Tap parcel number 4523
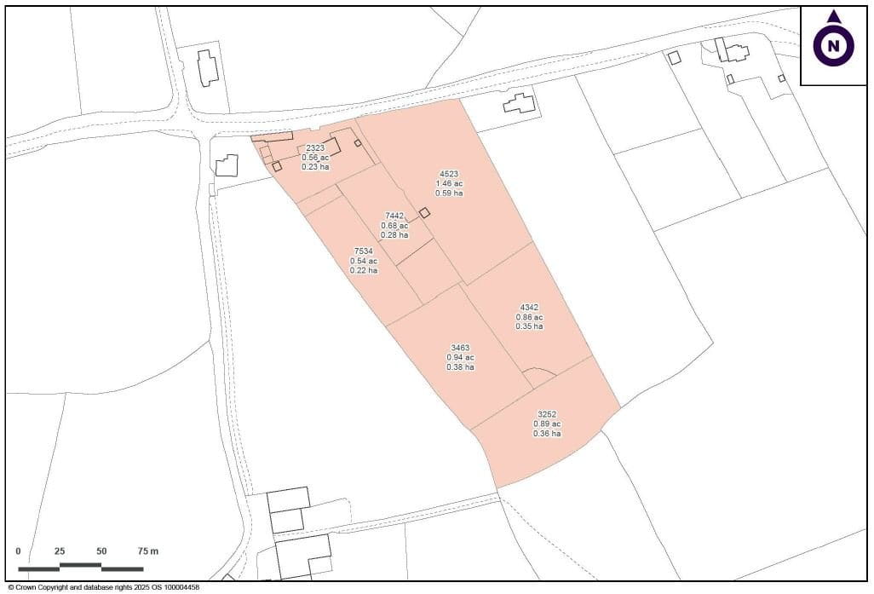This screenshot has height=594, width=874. pos(449,174)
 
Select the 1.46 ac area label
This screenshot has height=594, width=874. pos(449,184)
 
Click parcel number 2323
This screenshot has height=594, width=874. pos(315,148)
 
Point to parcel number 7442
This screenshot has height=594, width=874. pos(394,216)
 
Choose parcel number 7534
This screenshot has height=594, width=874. pos(364,251)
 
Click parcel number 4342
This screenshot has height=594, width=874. pos(529,308)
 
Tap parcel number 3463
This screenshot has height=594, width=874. pos(460,348)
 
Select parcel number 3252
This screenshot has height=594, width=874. pos(546,414)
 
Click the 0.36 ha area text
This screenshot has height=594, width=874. pos(546,434)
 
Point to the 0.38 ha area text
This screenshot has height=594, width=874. pos(460,367)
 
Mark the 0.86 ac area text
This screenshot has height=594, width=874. pos(529,317)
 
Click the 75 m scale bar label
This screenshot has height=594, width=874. pos(147,551)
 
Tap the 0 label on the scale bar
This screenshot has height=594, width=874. pos(19,551)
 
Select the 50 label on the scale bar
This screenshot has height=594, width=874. pos(101,551)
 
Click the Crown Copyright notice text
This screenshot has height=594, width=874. pos(103,587)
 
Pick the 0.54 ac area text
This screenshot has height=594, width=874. pos(364,261)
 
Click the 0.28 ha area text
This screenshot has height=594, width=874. pos(394,234)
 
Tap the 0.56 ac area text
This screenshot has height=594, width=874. pos(315,158)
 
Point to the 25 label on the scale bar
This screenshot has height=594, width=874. pos(60,551)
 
